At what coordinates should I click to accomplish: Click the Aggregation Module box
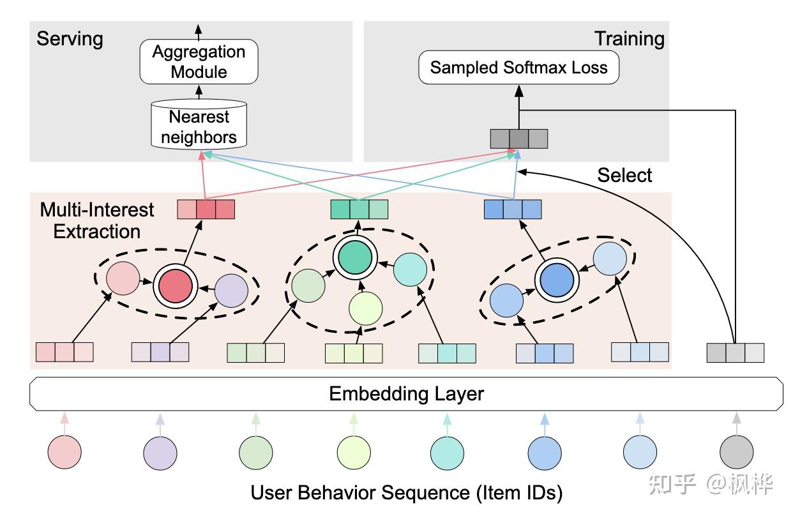coord(199,61)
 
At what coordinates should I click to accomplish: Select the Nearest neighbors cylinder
coord(199,125)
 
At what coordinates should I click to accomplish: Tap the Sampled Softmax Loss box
coord(518,67)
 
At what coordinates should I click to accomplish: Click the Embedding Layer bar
coord(407,394)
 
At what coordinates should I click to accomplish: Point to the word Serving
coord(70,38)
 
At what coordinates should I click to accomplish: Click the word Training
coord(629,38)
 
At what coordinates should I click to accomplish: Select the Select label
coord(624,175)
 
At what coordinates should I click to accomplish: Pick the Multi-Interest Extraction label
coord(96,220)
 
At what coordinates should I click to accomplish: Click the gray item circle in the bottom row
coord(736,452)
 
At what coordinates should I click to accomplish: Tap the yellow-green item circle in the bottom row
coord(354,453)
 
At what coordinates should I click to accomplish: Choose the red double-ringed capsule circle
coord(175,286)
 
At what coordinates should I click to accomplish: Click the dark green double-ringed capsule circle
coord(355,257)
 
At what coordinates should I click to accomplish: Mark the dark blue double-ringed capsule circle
coord(557,280)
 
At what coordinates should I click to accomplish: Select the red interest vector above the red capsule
coord(206,209)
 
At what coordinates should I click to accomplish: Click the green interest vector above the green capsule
coord(359,209)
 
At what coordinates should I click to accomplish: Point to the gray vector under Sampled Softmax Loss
coord(519,139)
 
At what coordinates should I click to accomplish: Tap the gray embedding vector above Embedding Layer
coord(736,353)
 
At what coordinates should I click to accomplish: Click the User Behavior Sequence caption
coord(407,492)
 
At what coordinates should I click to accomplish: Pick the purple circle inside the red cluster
coord(231,291)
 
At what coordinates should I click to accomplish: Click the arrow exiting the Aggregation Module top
coord(199,32)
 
